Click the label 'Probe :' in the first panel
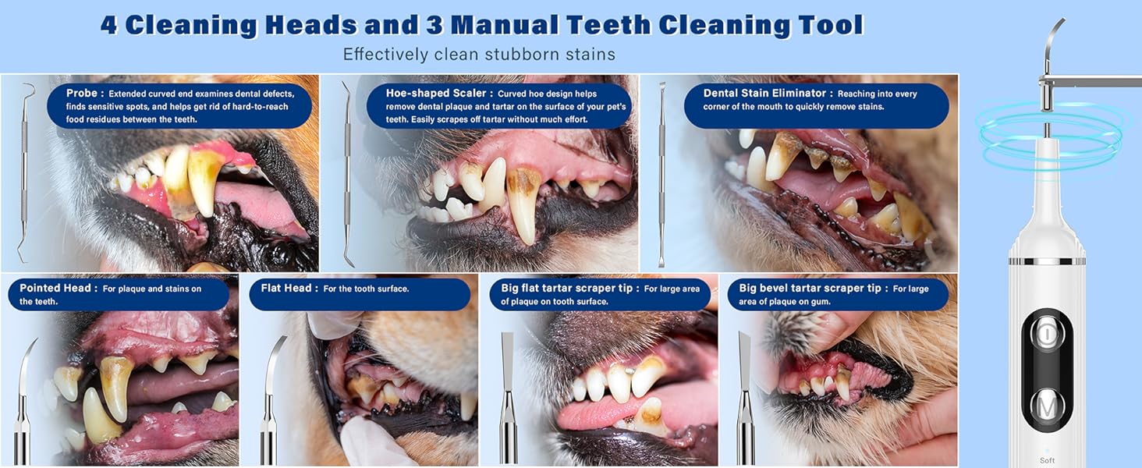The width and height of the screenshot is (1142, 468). tap(84, 94)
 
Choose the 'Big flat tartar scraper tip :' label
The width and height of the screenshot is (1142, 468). tap(570, 289)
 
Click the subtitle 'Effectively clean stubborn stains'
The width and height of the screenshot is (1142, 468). tap(479, 55)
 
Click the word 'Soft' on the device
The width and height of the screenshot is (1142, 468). tap(1047, 460)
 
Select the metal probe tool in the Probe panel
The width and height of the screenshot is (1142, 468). tap(27, 172)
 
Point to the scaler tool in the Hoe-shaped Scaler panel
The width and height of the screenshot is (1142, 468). tap(347, 172)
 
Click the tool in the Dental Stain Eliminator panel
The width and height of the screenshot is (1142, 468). tap(662, 172)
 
